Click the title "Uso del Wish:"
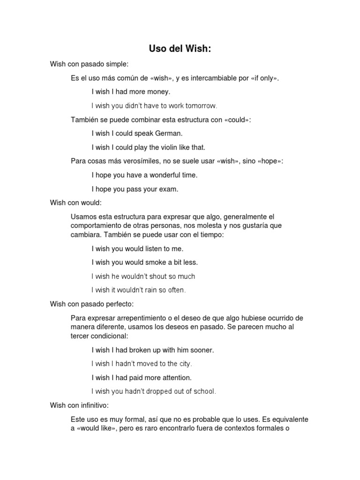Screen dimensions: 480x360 click(x=180, y=49)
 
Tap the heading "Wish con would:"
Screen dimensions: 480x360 click(x=75, y=203)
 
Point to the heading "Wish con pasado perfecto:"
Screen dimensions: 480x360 click(x=92, y=304)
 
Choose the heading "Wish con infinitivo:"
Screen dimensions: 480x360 click(x=79, y=405)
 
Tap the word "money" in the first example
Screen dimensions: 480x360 click(x=159, y=92)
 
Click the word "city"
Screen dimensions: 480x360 click(x=185, y=364)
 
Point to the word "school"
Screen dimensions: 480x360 click(x=203, y=391)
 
